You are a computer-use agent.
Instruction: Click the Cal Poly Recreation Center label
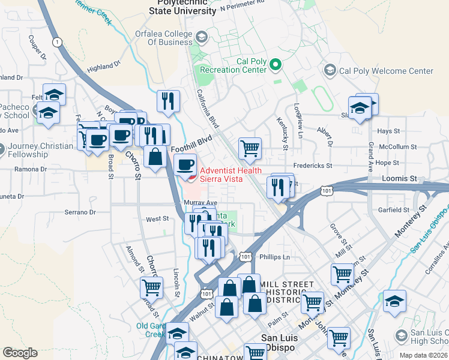pyautogui.click(x=234, y=65)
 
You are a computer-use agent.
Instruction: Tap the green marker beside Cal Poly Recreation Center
pyautogui.click(x=276, y=63)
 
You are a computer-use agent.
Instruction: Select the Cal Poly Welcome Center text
pyautogui.click(x=386, y=71)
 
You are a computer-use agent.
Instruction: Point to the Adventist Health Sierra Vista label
pyautogui.click(x=231, y=175)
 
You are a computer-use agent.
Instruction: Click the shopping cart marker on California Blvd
pyautogui.click(x=250, y=148)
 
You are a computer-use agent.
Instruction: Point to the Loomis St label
pyautogui.click(x=399, y=179)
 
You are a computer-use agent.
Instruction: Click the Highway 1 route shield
pyautogui.click(x=57, y=42)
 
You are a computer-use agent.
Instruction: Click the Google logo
pyautogui.click(x=20, y=353)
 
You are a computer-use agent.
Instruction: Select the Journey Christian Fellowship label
pyautogui.click(x=28, y=150)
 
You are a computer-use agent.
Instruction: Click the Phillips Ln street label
pyautogui.click(x=274, y=257)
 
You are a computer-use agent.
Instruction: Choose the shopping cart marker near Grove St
pyautogui.click(x=342, y=274)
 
